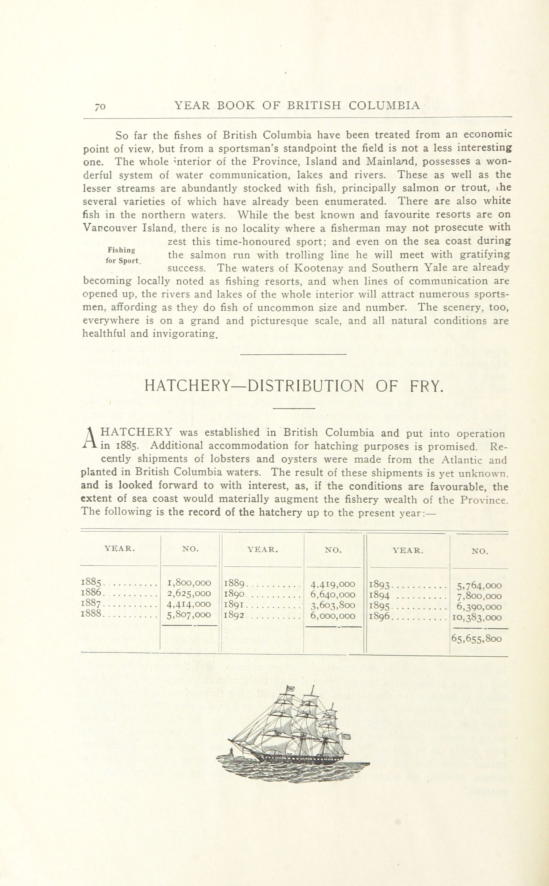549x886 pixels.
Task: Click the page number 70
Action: (x=100, y=107)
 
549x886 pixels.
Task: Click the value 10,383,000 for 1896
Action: (x=476, y=617)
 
